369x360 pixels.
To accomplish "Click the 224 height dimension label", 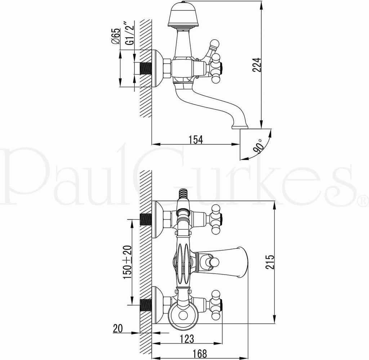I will tap(256, 65).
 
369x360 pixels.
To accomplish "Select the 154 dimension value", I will tap(196, 139).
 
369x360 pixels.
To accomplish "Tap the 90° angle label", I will tap(258, 147).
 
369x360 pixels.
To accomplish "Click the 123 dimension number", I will tap(187, 339).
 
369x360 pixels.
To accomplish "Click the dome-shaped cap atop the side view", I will tap(184, 14).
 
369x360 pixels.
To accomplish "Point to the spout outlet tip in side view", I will tap(240, 126).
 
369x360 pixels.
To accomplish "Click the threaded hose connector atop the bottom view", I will tap(184, 194).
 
